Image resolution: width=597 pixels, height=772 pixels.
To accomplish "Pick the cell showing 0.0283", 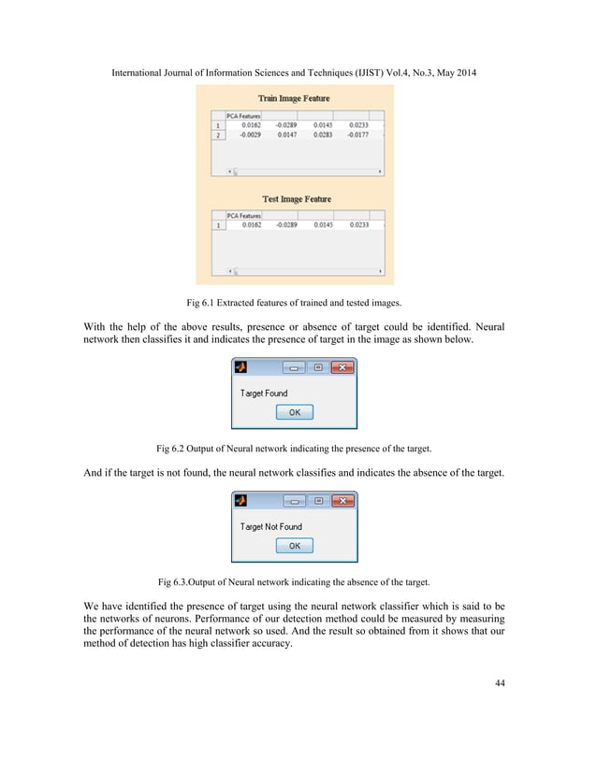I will pos(323,136).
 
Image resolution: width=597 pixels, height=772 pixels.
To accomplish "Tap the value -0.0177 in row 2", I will pos(357,136).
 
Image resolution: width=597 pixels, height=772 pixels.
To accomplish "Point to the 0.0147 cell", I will pos(286,136).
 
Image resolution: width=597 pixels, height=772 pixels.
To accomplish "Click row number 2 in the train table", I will pos(219,136).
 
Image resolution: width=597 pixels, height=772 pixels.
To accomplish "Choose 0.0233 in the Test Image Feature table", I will pos(358,225).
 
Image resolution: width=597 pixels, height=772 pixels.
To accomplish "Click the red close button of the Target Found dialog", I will pos(343,368).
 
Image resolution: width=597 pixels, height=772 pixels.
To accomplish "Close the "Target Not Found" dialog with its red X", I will pos(343,501).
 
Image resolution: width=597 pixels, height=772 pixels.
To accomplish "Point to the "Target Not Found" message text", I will pos(271,526).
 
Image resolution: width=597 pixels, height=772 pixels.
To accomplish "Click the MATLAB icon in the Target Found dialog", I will pos(240,368).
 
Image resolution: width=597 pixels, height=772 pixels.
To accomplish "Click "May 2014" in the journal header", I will pos(454,72).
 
